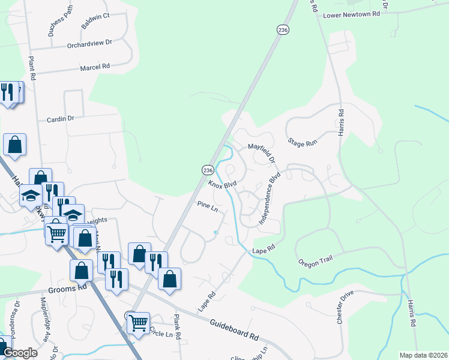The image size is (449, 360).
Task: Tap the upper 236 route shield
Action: [x=283, y=29]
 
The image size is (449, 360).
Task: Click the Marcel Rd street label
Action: [x=95, y=67]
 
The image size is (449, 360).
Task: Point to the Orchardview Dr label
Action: [x=90, y=43]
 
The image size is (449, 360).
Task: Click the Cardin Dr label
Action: [x=60, y=119]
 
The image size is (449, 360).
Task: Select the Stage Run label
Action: [x=302, y=143]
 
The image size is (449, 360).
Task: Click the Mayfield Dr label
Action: [x=262, y=152]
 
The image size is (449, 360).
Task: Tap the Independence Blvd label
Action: [x=270, y=200]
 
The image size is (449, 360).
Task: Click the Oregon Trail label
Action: [x=315, y=262]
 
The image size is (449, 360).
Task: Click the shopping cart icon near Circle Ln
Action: [x=139, y=323]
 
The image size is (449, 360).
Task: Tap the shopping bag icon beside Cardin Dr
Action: [x=14, y=145]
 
